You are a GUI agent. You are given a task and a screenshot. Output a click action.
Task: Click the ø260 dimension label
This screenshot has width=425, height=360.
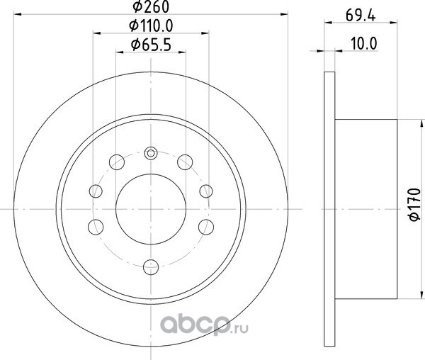pyautogui.click(x=151, y=6)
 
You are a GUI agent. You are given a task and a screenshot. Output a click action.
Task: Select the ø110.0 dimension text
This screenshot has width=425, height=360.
pyautogui.click(x=151, y=26)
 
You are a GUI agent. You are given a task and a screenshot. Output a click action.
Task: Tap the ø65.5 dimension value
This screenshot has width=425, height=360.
pyautogui.click(x=151, y=45)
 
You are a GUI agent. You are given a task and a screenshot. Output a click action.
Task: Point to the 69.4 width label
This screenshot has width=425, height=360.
pyautogui.click(x=361, y=16)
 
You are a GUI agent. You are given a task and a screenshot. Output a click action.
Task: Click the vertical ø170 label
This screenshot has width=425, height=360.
pyautogui.click(x=414, y=204)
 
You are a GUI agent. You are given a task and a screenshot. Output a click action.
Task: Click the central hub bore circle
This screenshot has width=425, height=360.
pyautogui.click(x=151, y=209)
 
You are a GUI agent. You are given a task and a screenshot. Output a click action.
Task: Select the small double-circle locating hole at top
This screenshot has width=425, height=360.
pyautogui.click(x=151, y=153)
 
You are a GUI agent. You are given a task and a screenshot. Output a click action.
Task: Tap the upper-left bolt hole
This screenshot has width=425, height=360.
pyautogui.click(x=117, y=162)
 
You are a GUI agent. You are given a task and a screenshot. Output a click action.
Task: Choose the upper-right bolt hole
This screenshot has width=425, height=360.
pyautogui.click(x=185, y=162)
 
